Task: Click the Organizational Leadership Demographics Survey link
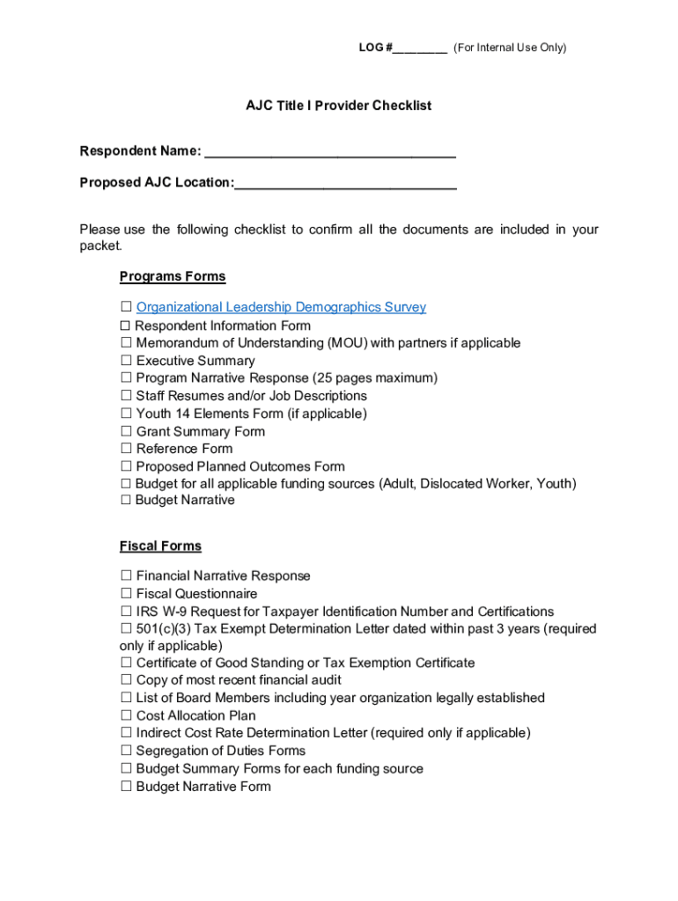(x=281, y=307)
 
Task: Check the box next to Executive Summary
(x=126, y=361)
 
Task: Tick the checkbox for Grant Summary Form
(x=126, y=431)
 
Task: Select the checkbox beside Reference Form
(x=126, y=449)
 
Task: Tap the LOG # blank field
(x=420, y=48)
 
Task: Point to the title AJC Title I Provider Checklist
(x=338, y=106)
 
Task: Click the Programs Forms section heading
(x=173, y=276)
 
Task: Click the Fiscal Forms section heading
(x=160, y=546)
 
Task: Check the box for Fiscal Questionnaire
(x=126, y=594)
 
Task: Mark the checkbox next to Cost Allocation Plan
(x=126, y=715)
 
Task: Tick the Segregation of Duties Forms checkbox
(x=126, y=751)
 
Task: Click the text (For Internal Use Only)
(x=510, y=48)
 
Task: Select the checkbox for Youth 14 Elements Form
(x=126, y=414)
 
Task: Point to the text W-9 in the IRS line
(x=175, y=612)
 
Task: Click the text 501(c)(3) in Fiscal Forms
(x=164, y=629)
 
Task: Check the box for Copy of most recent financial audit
(x=126, y=680)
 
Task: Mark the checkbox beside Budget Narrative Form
(x=126, y=787)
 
